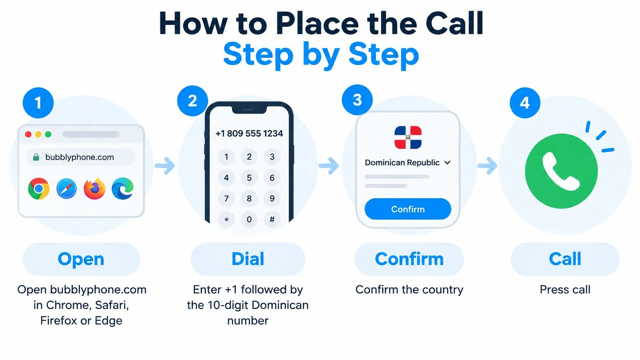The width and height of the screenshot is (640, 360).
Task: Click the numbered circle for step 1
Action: [38, 103]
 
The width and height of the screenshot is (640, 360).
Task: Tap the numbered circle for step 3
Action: [357, 100]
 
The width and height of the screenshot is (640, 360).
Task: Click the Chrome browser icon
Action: [39, 189]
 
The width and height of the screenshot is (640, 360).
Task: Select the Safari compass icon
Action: [67, 189]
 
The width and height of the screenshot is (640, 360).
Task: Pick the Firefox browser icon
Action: [95, 189]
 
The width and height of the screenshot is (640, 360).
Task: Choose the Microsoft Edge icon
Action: [122, 189]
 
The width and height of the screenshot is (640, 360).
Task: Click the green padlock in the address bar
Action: [36, 157]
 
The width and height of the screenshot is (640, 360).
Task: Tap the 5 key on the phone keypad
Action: [249, 178]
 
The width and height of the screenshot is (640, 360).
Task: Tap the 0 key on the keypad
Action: [249, 219]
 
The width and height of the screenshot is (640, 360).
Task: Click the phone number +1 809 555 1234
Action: [249, 133]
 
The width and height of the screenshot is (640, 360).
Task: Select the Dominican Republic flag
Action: [408, 137]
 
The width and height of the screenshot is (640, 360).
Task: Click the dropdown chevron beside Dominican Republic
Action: [447, 163]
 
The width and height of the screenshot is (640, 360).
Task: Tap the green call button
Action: [562, 171]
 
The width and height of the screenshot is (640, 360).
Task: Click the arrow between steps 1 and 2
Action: [165, 165]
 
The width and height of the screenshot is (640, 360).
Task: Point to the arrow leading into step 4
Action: [487, 165]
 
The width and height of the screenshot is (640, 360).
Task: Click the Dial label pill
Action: [248, 259]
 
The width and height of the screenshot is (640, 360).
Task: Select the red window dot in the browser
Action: [28, 134]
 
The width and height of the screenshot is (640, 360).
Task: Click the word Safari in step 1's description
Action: [111, 305]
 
